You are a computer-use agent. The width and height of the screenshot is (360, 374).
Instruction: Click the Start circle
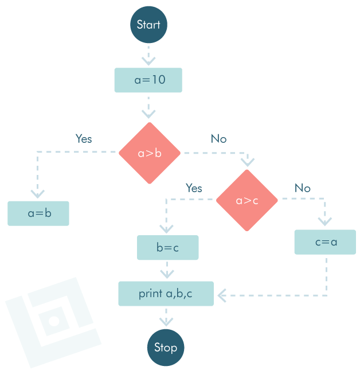(148, 25)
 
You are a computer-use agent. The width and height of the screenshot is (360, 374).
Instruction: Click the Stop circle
(166, 348)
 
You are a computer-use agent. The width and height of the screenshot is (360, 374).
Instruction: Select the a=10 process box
(148, 80)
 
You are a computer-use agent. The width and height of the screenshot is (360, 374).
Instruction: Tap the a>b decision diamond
(150, 153)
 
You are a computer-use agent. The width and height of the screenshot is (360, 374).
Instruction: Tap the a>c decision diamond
(247, 200)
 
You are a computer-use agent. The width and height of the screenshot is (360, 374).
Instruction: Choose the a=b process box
(38, 213)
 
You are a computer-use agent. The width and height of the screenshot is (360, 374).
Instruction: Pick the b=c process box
(168, 248)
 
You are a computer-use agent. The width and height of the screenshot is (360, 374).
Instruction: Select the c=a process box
(325, 242)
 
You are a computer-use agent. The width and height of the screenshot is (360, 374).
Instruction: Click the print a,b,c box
(166, 294)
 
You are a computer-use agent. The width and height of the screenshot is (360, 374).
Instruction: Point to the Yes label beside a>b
(84, 139)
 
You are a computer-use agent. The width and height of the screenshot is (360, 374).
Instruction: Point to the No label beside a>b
(218, 139)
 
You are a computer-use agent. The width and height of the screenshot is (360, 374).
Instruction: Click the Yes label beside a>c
(194, 188)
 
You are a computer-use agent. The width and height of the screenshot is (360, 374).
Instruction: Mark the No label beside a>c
(302, 188)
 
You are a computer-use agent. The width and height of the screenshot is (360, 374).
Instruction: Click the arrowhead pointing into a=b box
(38, 193)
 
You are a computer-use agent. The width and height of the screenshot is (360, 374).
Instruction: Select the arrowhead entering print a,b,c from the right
(222, 296)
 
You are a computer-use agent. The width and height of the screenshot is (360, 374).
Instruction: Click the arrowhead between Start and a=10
(148, 60)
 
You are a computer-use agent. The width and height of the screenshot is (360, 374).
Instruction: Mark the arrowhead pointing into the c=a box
(325, 221)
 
